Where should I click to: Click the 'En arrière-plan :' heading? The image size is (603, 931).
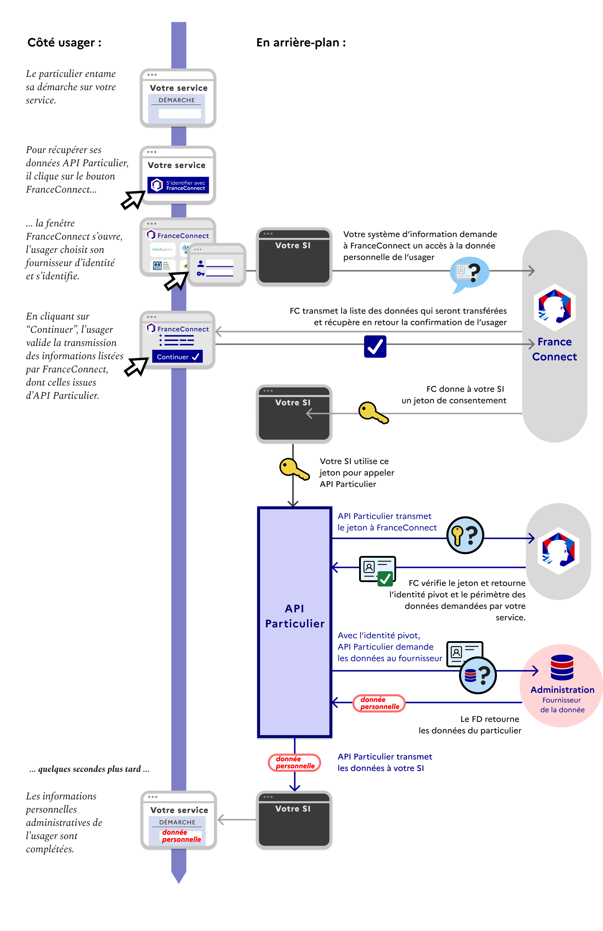[x=301, y=43]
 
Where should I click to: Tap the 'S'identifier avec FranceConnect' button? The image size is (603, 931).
[x=178, y=185]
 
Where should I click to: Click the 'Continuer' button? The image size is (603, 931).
[x=177, y=356]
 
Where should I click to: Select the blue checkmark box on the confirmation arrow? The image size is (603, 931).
[x=375, y=346]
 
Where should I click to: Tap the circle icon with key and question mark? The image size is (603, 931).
[x=465, y=535]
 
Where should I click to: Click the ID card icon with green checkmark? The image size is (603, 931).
[x=377, y=570]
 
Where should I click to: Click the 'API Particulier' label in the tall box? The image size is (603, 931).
[x=295, y=616]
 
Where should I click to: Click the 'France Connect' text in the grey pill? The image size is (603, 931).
[x=554, y=349]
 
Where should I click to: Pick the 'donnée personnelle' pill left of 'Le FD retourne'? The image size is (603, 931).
[x=379, y=703]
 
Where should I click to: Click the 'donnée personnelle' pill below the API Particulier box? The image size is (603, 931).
[x=294, y=762]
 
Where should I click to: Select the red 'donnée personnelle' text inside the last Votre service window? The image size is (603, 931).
[x=181, y=836]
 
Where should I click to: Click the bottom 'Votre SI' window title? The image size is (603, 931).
[x=293, y=809]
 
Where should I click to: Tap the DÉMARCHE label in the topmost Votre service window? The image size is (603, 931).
[x=177, y=100]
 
